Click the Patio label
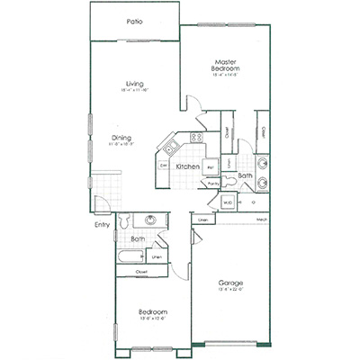135,21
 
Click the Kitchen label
187,167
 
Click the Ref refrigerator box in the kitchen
211,166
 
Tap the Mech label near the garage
261,219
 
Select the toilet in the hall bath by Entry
127,220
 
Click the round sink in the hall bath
150,220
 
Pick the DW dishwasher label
164,166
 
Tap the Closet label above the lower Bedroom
141,270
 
